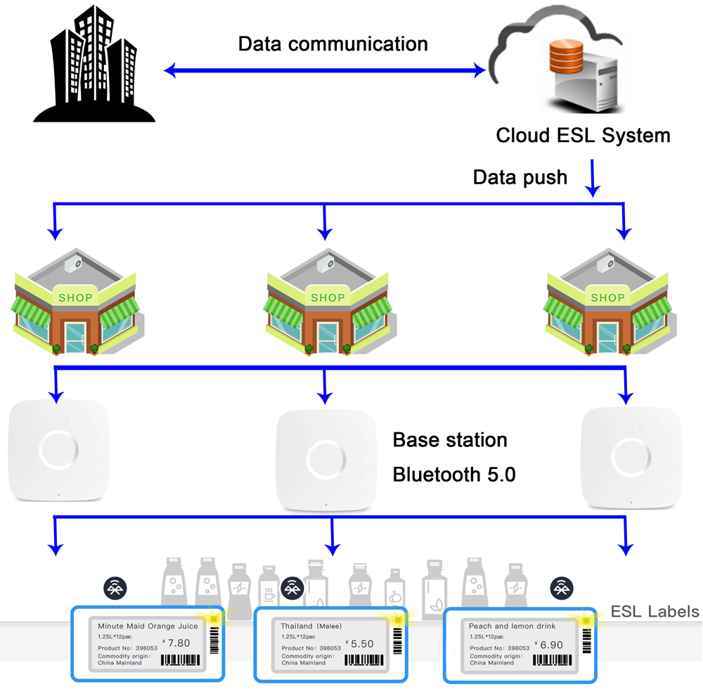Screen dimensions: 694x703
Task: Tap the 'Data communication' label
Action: coord(333,44)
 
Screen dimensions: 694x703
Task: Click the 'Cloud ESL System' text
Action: coord(583,135)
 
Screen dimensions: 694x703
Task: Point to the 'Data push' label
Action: coord(520,176)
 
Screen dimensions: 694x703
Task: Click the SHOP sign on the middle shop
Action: coord(328,297)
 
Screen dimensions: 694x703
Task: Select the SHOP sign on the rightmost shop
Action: coord(607,297)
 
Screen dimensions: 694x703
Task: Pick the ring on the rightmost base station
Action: coord(631,453)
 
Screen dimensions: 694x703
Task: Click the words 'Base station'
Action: coord(450,440)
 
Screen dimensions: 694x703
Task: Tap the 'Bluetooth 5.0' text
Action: coord(454,475)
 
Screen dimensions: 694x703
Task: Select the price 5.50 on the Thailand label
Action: coord(362,643)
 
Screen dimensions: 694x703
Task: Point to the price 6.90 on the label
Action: coord(550,644)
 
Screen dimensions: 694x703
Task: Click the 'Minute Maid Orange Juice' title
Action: coord(148,625)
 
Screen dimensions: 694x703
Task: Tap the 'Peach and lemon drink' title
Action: coord(512,626)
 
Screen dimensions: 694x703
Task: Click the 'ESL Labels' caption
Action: coord(654,611)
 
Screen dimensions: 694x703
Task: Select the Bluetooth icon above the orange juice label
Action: coord(115,587)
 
